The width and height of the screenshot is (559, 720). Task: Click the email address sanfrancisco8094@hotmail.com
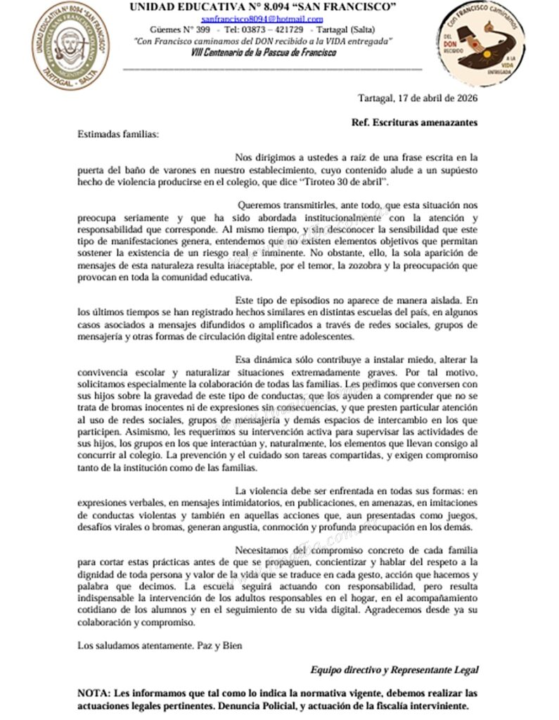(262, 20)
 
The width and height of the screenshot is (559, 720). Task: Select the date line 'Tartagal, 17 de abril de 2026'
(418, 98)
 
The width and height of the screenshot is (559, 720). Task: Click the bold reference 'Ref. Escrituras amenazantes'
(414, 122)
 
